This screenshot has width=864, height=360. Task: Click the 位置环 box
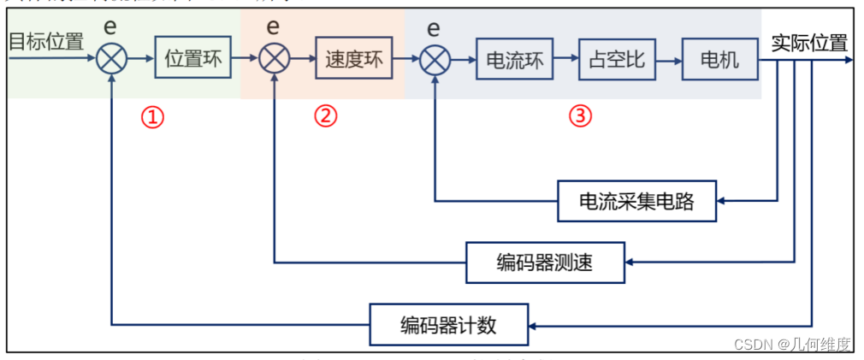pyautogui.click(x=192, y=58)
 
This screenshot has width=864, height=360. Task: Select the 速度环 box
pyautogui.click(x=353, y=58)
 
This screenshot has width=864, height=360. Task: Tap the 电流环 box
pyautogui.click(x=514, y=59)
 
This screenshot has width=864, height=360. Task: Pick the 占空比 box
pyautogui.click(x=617, y=59)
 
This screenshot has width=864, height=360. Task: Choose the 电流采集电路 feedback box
pyautogui.click(x=636, y=202)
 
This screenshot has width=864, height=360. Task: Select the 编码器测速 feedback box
pyautogui.click(x=545, y=263)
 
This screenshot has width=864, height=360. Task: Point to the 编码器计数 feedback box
pyautogui.click(x=449, y=325)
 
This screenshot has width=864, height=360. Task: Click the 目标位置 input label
pyautogui.click(x=45, y=40)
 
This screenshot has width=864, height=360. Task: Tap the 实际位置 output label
pyautogui.click(x=808, y=43)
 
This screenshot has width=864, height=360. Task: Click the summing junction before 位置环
pyautogui.click(x=112, y=59)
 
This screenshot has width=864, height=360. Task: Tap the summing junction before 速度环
pyautogui.click(x=274, y=59)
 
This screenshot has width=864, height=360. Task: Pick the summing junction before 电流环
pyautogui.click(x=435, y=59)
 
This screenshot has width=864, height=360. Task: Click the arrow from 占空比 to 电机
pyautogui.click(x=668, y=59)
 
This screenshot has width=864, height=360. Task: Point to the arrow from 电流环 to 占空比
pyautogui.click(x=565, y=59)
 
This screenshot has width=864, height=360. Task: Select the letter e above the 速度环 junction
pyautogui.click(x=274, y=26)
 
